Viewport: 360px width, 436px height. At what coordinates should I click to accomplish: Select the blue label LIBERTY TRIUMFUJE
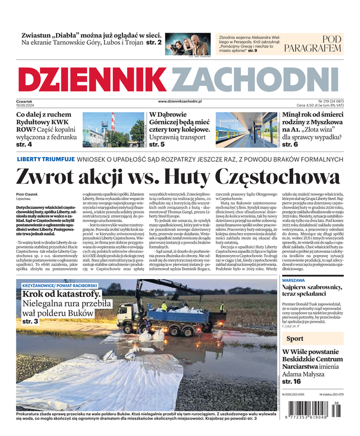pos(46,159)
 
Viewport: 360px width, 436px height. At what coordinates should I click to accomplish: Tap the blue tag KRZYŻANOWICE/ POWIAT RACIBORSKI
pos(60,286)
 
